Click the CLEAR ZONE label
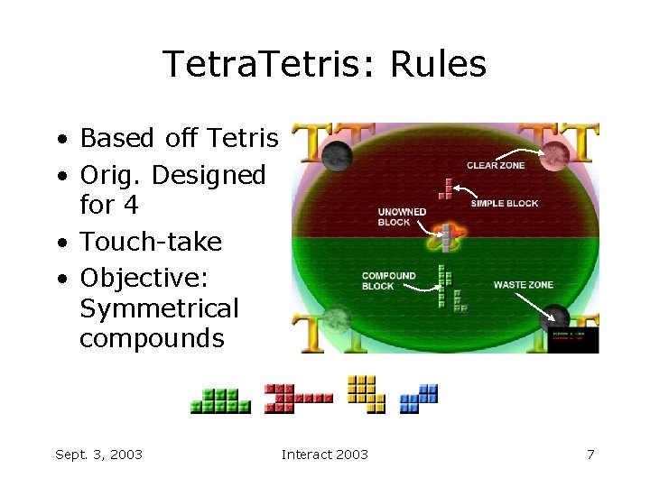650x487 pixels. pos(495,165)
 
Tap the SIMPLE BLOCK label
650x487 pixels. pos(504,204)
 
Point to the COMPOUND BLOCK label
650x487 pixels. pos(388,281)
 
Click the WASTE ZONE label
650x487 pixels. pos(523,285)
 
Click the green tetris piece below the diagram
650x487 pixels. pos(219,400)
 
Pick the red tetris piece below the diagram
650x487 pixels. pos(297,398)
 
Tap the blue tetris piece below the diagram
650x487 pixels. pos(419,398)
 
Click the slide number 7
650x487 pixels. pos(590,455)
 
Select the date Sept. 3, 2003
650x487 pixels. pos(98,455)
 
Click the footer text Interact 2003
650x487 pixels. pos(325,455)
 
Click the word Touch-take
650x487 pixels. pos(151,242)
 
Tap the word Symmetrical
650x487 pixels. pos(159,308)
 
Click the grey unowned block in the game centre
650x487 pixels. pos(445,236)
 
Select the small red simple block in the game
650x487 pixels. pos(445,188)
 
